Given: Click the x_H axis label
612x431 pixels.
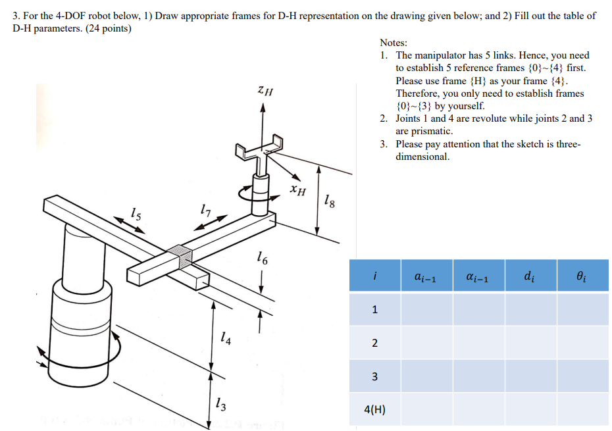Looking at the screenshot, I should point(298,191).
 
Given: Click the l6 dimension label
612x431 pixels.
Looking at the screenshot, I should point(262,259).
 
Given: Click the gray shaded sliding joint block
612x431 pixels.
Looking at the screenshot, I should point(181,257).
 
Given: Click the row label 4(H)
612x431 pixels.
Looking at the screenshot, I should point(374,410).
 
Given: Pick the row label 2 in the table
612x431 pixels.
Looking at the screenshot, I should point(374,343).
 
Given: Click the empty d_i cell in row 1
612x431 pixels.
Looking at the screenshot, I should point(530,309).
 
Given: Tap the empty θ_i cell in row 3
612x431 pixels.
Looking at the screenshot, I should point(582,376).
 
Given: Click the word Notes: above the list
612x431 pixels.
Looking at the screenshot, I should point(394,43).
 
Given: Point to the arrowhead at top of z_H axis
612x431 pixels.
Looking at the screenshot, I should point(263,109).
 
